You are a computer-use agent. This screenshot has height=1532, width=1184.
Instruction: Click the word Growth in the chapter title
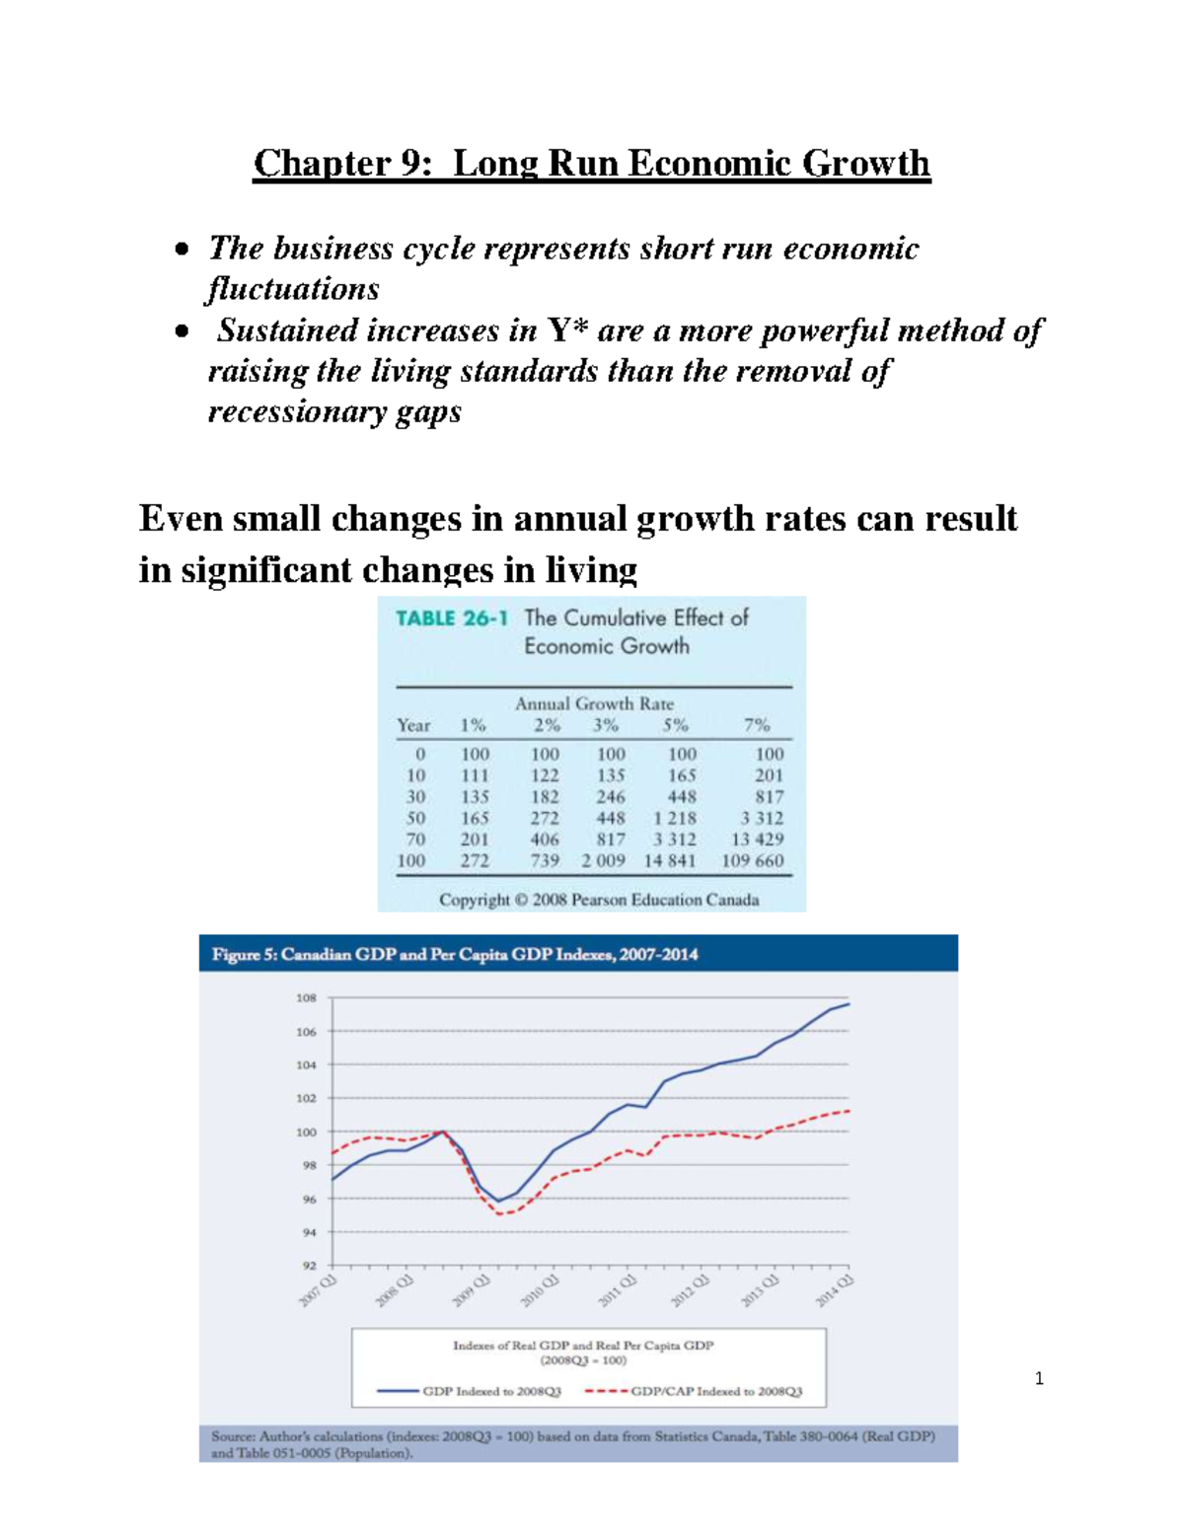pyautogui.click(x=864, y=163)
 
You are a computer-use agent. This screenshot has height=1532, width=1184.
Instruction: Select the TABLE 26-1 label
pyautogui.click(x=451, y=619)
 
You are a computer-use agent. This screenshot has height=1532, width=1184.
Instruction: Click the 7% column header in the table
pyautogui.click(x=756, y=725)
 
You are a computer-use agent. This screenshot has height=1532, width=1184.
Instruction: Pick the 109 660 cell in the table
pyautogui.click(x=752, y=860)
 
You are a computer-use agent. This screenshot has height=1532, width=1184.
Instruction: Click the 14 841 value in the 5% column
pyautogui.click(x=670, y=860)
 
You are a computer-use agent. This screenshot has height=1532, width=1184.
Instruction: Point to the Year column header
pyautogui.click(x=413, y=725)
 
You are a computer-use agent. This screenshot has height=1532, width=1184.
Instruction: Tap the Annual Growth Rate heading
pyautogui.click(x=594, y=703)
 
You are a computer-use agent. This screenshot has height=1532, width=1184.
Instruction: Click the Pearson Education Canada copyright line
pyautogui.click(x=599, y=900)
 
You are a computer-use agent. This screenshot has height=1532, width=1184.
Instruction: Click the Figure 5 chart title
pyautogui.click(x=455, y=954)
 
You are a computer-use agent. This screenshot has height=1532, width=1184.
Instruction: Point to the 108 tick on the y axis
pyautogui.click(x=306, y=998)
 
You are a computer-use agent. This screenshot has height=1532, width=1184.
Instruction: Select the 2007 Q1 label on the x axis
pyautogui.click(x=319, y=1290)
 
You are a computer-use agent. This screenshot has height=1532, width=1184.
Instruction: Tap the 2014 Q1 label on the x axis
pyautogui.click(x=835, y=1290)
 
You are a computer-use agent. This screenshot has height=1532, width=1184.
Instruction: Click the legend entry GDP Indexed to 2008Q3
pyautogui.click(x=491, y=1391)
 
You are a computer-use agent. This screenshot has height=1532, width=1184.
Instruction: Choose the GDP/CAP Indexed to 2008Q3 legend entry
pyautogui.click(x=716, y=1391)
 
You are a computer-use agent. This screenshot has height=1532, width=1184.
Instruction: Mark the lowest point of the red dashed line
pyautogui.click(x=500, y=1213)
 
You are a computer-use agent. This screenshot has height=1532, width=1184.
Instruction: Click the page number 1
pyautogui.click(x=1039, y=1378)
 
